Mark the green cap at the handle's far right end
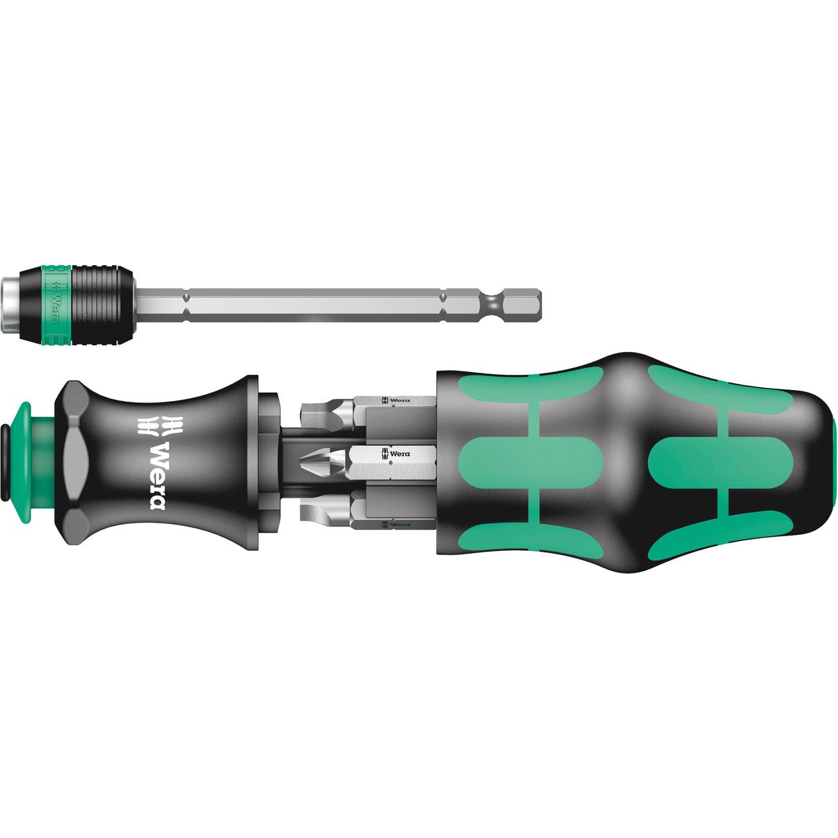pyautogui.click(x=835, y=456)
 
